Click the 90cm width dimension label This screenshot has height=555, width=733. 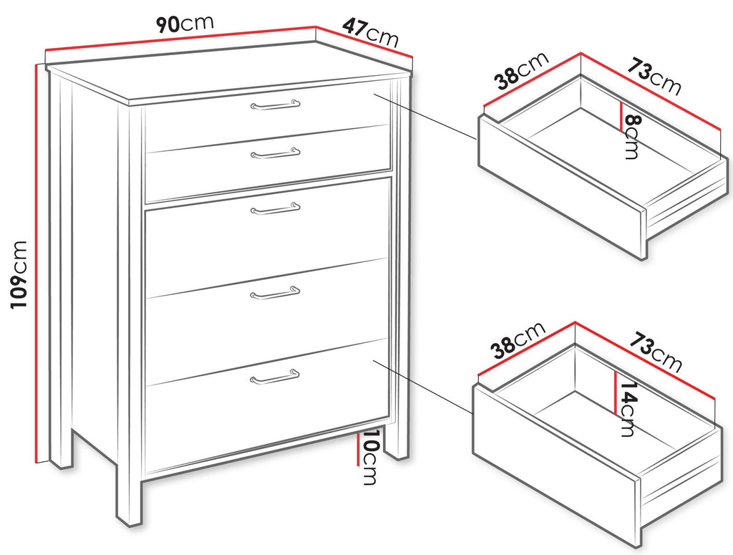(x=184, y=24)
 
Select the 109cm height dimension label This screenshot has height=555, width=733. (x=19, y=274)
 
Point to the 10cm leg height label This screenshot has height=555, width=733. (x=369, y=457)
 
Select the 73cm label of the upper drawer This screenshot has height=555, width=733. (x=654, y=76)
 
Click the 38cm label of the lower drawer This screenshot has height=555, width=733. (x=518, y=340)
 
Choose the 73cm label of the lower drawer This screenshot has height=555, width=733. (x=654, y=351)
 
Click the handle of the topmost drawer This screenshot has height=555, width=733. (x=276, y=105)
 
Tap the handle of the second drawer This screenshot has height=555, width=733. (x=276, y=153)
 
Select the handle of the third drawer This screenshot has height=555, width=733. (x=276, y=208)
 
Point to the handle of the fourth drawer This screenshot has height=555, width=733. (x=275, y=293)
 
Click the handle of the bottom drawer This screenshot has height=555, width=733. (x=275, y=377)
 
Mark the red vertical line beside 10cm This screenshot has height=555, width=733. (x=358, y=448)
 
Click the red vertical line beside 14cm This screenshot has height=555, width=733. (x=616, y=392)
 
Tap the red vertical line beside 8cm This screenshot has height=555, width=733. (x=621, y=117)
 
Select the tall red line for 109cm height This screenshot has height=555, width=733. (x=37, y=264)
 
